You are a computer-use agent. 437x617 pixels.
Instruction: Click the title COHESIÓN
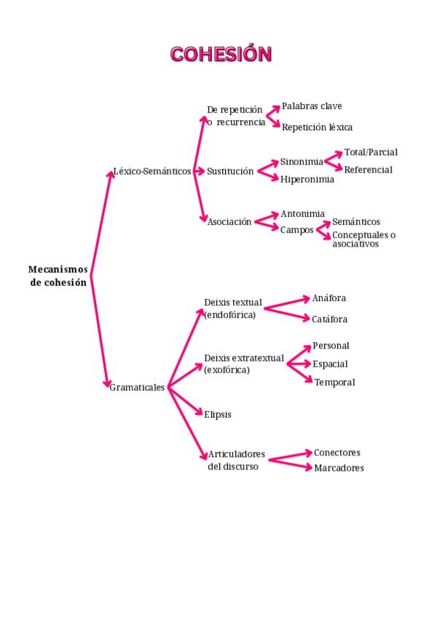pos(221,54)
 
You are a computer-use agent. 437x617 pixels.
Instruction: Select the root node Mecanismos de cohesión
pos(58,276)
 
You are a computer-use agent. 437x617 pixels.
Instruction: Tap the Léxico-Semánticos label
pos(152,172)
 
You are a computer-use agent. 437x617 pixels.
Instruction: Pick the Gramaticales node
pos(138,388)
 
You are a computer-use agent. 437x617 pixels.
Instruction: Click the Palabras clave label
pos(312,106)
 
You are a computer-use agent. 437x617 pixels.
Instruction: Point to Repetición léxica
pos(317,127)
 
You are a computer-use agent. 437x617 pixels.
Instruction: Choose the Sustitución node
pos(230,172)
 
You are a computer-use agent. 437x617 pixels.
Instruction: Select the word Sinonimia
pos(302,162)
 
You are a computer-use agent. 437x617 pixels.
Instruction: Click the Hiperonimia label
pos(307,179)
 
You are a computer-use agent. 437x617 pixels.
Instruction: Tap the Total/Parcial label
pos(371,153)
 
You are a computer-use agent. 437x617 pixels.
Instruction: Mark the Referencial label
pos(368,170)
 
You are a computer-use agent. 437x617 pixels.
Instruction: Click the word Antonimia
pos(302,214)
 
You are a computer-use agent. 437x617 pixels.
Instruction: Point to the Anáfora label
pos(328,298)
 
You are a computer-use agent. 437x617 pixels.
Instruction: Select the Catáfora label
pos(329,319)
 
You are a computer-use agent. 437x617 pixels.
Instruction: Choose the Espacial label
pos(330,364)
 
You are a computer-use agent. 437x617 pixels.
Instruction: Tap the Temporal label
pos(334,383)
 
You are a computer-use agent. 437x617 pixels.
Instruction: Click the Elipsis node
pos(218,414)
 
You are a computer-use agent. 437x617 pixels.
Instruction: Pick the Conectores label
pos(336,453)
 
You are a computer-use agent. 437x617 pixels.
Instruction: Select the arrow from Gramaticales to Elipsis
pos(186,400)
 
